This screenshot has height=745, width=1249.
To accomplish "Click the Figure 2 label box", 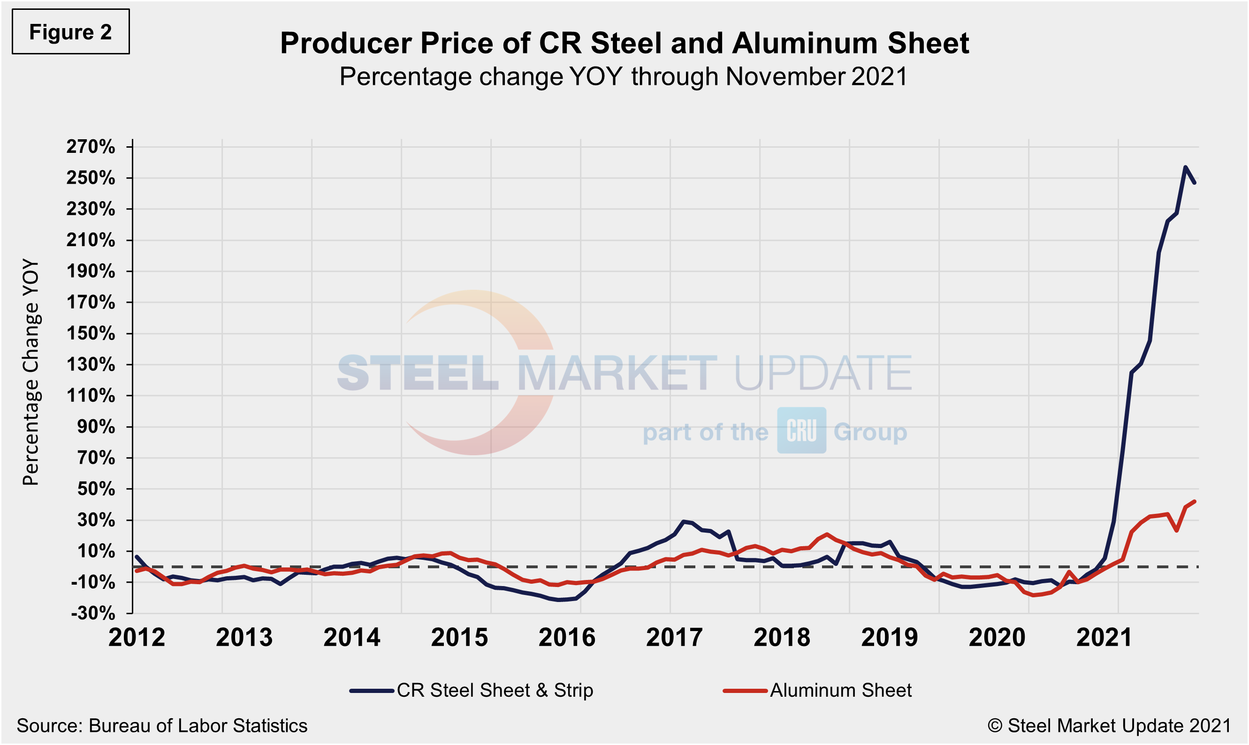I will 70,31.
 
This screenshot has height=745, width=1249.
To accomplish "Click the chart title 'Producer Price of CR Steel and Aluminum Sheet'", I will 624,43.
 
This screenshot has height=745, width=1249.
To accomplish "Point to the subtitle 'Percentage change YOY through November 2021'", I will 624,77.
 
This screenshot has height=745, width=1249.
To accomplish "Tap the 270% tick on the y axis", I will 91,147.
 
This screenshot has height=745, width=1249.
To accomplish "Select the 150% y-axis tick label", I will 91,333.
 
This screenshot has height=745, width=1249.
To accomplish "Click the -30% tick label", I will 93,613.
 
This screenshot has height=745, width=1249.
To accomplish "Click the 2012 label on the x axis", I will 137,638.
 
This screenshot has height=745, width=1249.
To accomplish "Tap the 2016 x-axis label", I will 567,638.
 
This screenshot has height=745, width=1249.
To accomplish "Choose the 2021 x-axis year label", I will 1104,638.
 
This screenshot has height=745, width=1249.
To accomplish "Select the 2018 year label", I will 782,638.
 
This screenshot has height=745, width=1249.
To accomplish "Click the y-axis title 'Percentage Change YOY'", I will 30,372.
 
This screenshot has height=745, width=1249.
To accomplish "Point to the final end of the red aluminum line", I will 1194,502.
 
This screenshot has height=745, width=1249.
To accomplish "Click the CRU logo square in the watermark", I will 801,430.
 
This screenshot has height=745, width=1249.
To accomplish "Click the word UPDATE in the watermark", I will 823,372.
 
